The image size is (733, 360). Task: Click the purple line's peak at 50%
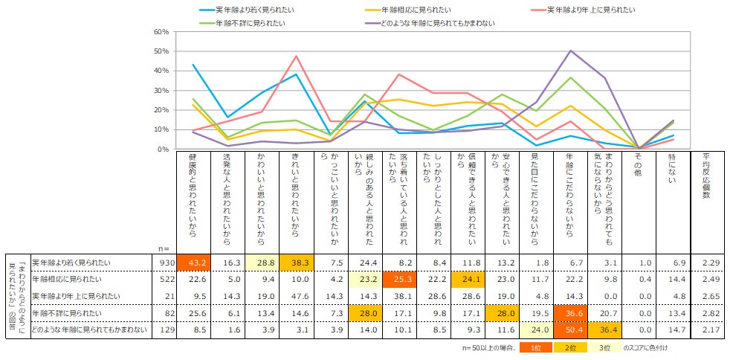[570, 51]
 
